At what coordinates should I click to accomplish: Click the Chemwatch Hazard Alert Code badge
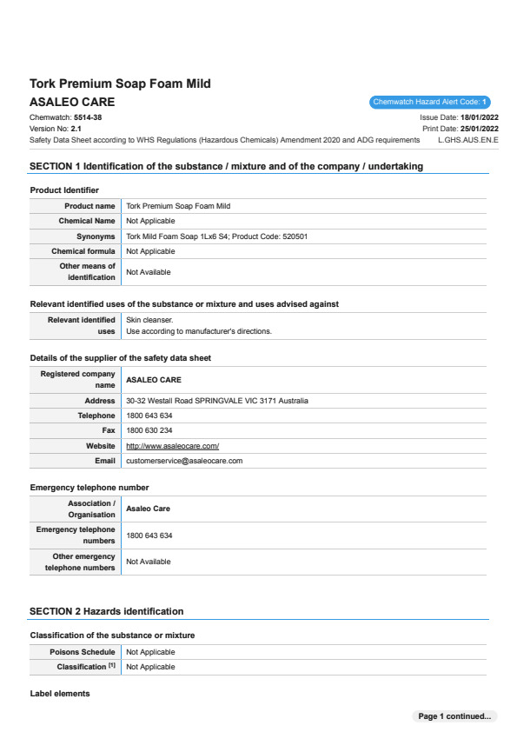tap(430, 103)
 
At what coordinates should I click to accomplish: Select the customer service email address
tap(184, 460)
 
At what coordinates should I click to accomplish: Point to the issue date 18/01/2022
tap(479, 116)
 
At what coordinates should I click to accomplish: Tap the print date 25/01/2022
tap(479, 128)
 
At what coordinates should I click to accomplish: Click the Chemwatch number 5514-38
tap(88, 116)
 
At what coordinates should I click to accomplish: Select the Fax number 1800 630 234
tap(149, 430)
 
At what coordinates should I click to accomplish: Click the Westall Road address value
tap(216, 401)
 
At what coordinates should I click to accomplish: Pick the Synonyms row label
tap(96, 236)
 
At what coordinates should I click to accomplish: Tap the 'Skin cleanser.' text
tap(149, 320)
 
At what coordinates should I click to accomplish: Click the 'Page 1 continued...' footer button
tap(454, 716)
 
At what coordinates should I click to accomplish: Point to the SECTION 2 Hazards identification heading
tap(106, 611)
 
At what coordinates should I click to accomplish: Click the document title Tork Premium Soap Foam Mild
tap(120, 83)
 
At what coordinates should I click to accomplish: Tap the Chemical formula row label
tap(83, 251)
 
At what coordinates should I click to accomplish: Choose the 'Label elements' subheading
tap(60, 694)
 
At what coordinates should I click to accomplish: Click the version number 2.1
tap(76, 128)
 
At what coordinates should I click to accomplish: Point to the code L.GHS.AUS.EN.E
tap(468, 139)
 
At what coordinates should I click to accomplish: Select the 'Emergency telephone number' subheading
tap(89, 487)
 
